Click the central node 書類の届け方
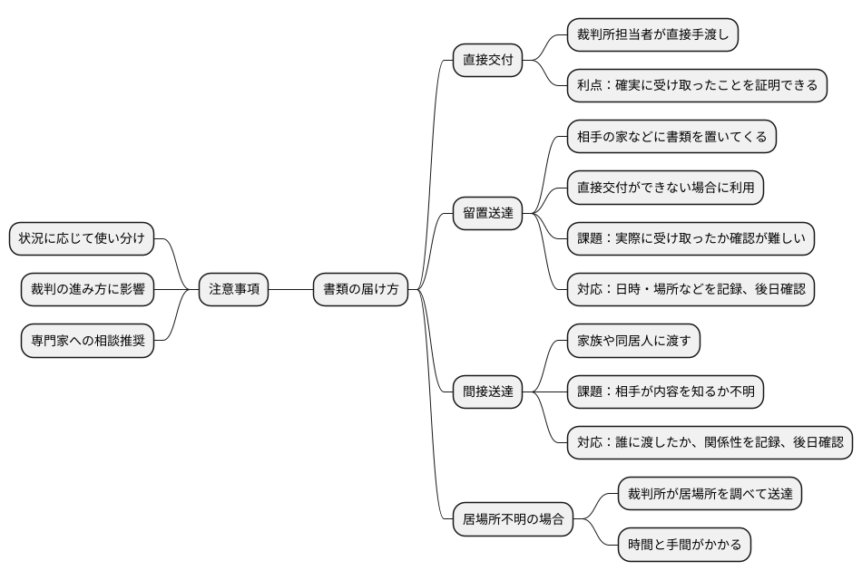[360, 290]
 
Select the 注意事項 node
[233, 290]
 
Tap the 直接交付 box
[488, 61]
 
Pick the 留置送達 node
[488, 214]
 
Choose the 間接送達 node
[488, 392]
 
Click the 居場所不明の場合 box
[513, 520]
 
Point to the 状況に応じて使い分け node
[82, 238]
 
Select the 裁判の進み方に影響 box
[87, 290]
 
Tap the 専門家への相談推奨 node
[87, 342]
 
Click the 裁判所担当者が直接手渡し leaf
[652, 35]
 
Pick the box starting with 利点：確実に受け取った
[697, 86]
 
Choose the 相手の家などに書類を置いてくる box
[671, 137]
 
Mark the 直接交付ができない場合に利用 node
[665, 188]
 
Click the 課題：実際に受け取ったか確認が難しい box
[691, 239]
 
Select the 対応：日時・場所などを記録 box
[691, 290]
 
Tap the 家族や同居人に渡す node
[633, 342]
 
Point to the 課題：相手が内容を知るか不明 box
[665, 392]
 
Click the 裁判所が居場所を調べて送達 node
[710, 495]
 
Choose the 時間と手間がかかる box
[684, 546]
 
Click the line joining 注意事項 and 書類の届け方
[290, 290]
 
